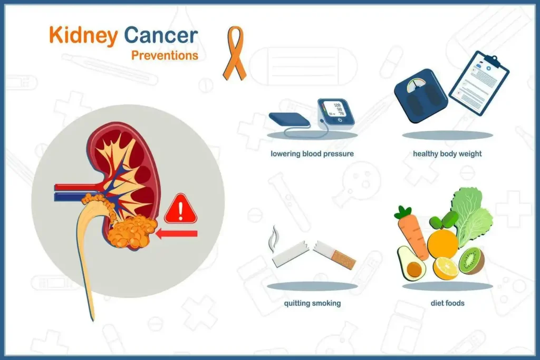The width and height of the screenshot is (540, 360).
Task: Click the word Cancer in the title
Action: point(161,35)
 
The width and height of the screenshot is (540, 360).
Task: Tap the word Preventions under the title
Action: point(165,55)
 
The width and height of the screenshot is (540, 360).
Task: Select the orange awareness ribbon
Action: point(235,53)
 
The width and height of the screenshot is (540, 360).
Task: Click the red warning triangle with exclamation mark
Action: point(180,209)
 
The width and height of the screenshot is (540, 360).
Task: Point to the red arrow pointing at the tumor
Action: point(176,234)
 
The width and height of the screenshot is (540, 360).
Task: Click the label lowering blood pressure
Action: point(312,154)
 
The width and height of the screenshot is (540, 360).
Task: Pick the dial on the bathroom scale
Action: point(416,85)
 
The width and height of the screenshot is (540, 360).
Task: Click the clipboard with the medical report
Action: point(479,83)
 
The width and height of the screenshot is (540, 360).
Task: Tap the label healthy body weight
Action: point(447,154)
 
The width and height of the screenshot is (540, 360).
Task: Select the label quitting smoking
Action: point(312,303)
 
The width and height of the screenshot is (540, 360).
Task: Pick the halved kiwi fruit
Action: point(471,261)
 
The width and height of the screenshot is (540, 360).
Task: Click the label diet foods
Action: point(447,303)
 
